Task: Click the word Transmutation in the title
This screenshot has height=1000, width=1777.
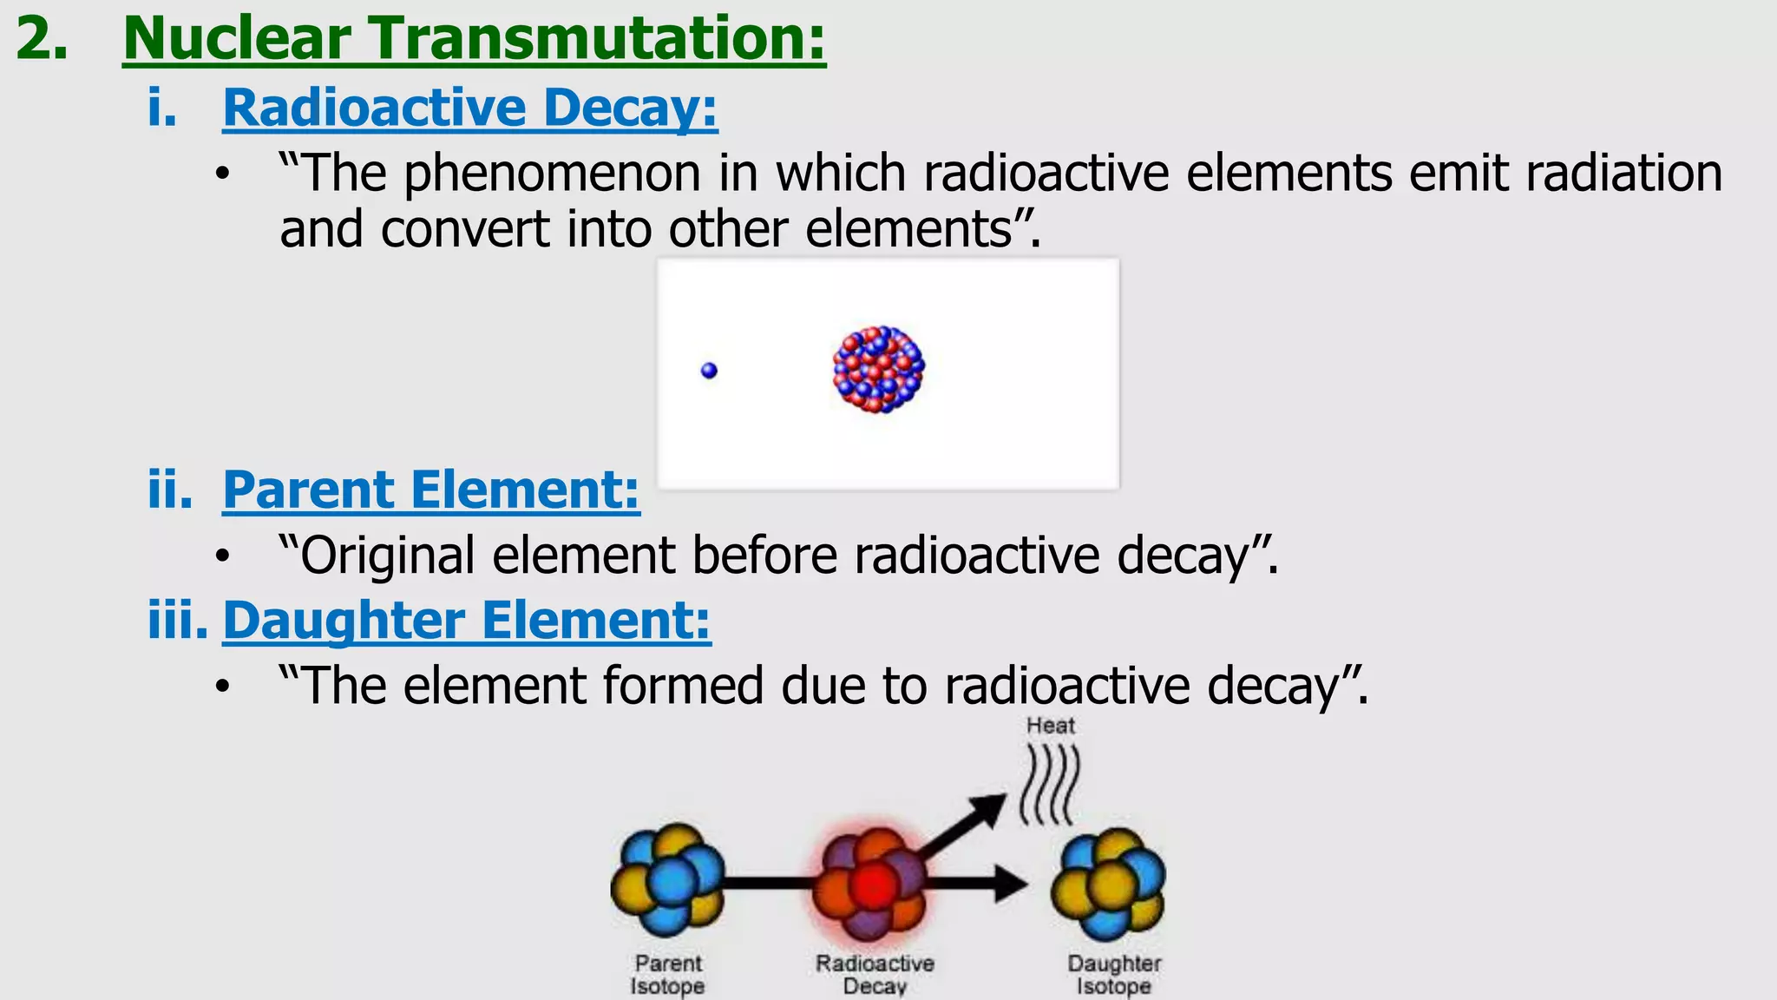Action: tap(598, 39)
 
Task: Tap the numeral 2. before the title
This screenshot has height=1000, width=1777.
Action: tap(41, 40)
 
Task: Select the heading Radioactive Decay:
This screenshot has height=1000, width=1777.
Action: tap(469, 108)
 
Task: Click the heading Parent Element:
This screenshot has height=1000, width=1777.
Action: tap(431, 490)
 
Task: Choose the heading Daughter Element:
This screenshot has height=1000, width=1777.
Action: tap(467, 621)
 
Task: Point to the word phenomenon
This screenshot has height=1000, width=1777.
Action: tap(552, 173)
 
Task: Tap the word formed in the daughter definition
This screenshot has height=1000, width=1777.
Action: tap(682, 686)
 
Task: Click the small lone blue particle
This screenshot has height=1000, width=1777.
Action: tap(709, 371)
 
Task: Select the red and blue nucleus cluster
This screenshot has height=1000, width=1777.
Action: tap(878, 369)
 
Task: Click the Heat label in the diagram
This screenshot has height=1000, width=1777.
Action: tap(1050, 726)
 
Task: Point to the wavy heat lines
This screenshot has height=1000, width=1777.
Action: tap(1051, 786)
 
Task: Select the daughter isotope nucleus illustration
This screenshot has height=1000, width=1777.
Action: tap(1108, 884)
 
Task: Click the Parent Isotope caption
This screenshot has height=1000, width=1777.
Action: tap(667, 975)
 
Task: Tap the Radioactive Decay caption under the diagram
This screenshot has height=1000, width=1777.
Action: tap(875, 975)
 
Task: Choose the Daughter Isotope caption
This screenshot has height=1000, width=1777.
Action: tap(1114, 975)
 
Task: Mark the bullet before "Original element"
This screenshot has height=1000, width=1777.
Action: tap(223, 557)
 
